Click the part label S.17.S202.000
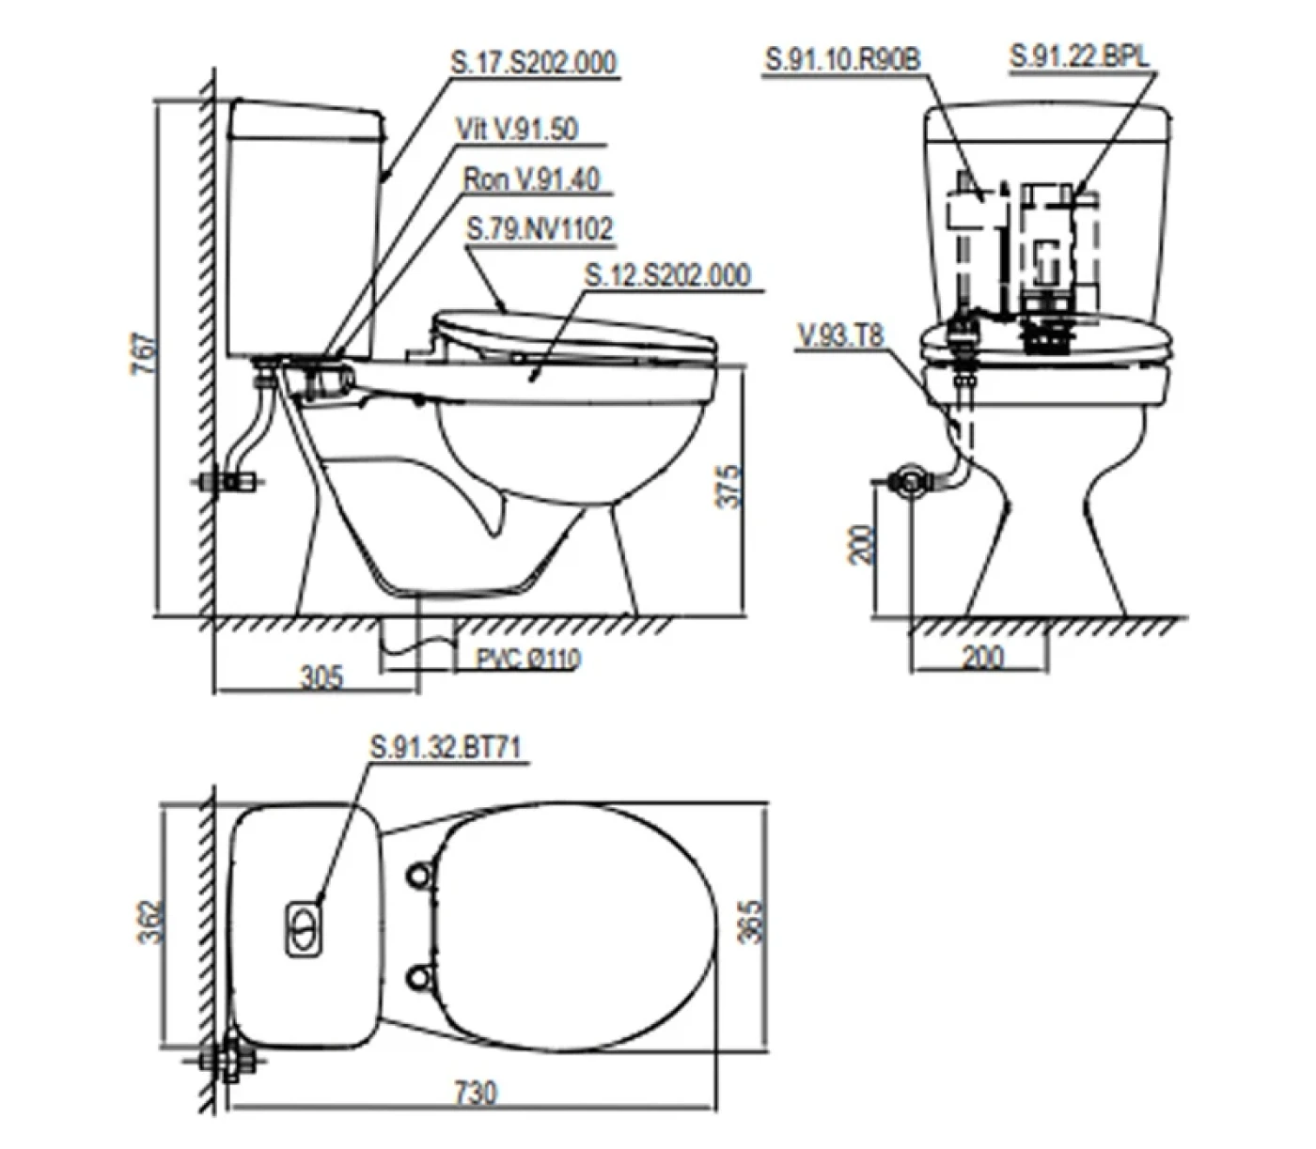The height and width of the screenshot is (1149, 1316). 533,62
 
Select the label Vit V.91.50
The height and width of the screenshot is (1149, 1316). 517,129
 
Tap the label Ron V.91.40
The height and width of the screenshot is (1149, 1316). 531,179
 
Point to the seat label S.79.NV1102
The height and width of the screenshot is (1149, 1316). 540,229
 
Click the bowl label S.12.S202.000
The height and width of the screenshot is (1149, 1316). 667,275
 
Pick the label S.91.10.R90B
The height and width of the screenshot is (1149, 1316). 842,59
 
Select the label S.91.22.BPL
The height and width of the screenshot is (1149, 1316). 1079,56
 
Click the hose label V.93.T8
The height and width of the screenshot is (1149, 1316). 840,335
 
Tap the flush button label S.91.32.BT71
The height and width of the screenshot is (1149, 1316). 446,747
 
